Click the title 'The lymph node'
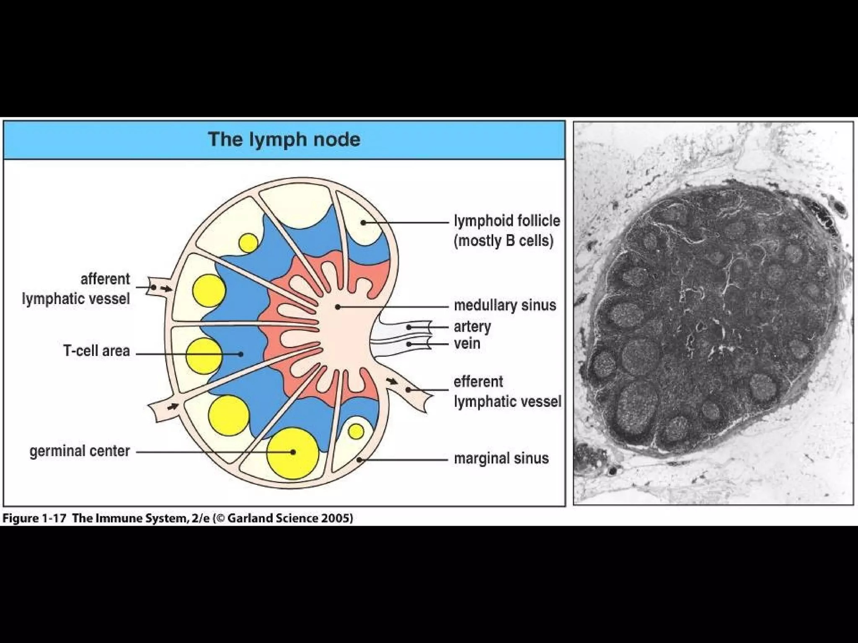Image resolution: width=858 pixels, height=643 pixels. click(284, 139)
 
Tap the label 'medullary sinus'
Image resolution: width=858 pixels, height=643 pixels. click(505, 305)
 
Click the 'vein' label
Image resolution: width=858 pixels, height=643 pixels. click(467, 344)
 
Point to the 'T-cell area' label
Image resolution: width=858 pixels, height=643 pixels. click(96, 351)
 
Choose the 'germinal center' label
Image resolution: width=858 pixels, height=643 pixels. click(80, 451)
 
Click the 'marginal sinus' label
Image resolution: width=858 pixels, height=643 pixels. click(501, 458)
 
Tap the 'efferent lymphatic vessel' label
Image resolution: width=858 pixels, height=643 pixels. click(507, 392)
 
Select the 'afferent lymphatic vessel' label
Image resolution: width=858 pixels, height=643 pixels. click(76, 289)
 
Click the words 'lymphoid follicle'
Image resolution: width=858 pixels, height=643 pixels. click(507, 221)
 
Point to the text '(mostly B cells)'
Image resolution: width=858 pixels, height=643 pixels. click(504, 241)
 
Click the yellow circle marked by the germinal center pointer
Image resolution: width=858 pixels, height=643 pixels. click(293, 453)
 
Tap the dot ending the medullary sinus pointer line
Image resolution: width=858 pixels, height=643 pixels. click(337, 307)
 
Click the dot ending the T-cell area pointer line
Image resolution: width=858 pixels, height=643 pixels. click(241, 354)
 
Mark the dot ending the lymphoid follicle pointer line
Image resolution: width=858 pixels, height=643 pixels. click(364, 223)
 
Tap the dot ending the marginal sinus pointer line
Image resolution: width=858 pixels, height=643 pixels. click(359, 460)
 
